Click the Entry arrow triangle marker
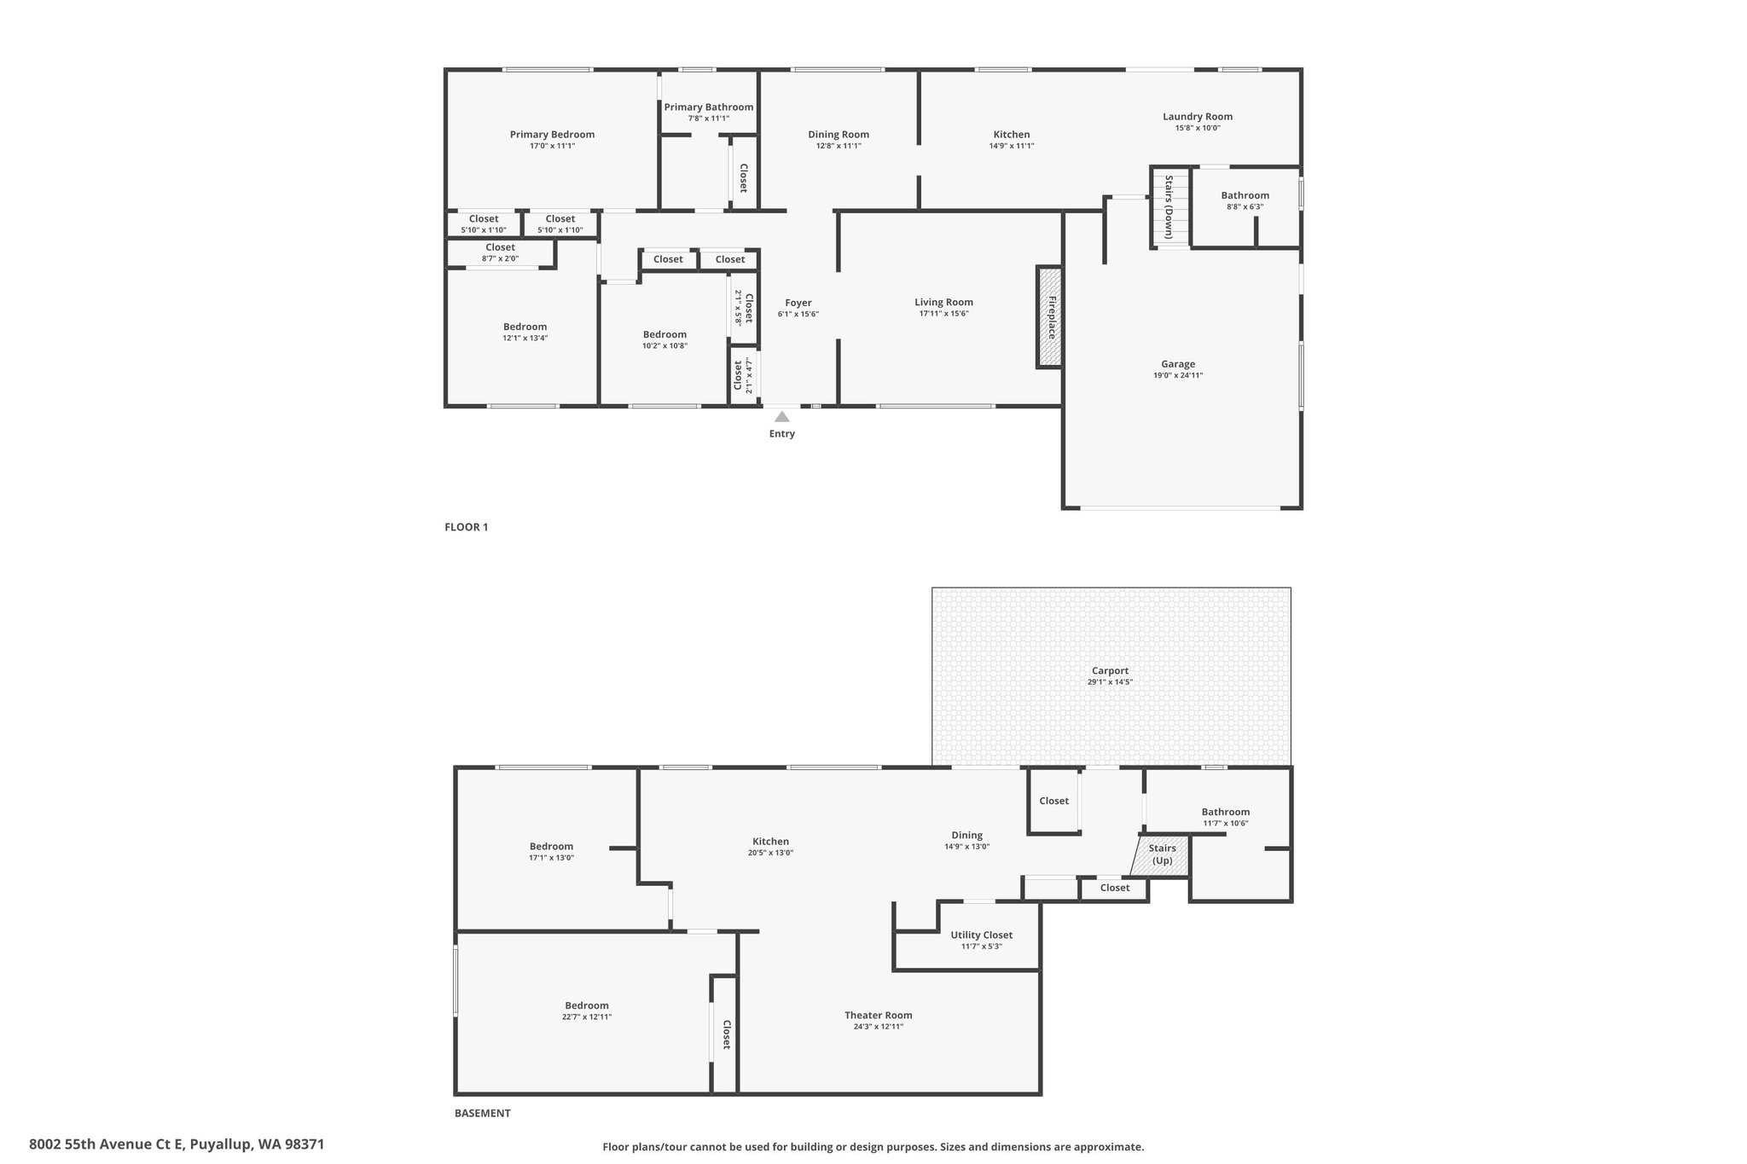pos(781,417)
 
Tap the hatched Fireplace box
pos(1050,317)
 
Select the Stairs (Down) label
pos(1169,206)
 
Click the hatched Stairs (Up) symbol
pos(1160,855)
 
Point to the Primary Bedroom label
pos(552,135)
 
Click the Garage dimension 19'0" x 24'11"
pos(1178,375)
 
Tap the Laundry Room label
pos(1198,117)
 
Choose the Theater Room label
pos(879,1015)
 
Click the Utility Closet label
pos(982,935)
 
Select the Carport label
pos(1110,671)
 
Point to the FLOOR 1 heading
pos(466,527)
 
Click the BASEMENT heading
pos(482,1113)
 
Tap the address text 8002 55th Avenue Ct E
pos(107,1144)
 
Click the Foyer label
pos(798,303)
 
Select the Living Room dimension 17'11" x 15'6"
pos(943,314)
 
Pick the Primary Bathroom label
pos(709,107)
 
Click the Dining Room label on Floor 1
pos(839,135)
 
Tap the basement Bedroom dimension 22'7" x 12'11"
pos(587,1016)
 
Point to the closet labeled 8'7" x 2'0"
pos(500,252)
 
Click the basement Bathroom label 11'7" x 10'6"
pos(1226,817)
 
